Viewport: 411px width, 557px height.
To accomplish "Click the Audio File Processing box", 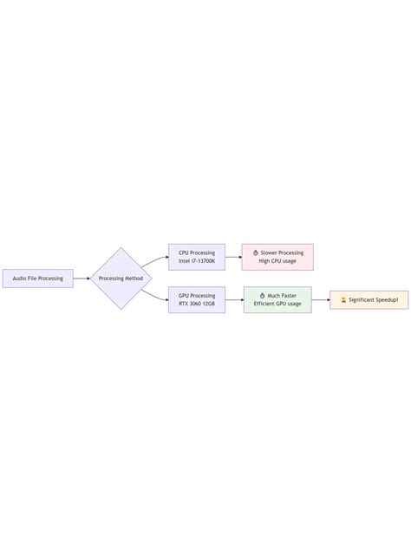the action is click(38, 278).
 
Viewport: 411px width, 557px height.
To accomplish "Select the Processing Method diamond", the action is click(121, 278).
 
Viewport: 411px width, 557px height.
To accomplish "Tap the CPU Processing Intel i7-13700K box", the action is click(197, 257).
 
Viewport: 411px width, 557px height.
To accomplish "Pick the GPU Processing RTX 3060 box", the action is click(197, 300).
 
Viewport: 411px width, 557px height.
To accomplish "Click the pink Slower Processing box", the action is click(277, 257).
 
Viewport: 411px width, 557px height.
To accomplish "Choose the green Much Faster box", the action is click(277, 300).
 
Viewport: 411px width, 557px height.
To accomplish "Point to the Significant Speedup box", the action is click(369, 300).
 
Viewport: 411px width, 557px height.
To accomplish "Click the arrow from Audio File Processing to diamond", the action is click(82, 278).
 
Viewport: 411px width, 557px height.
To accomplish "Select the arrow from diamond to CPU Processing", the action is click(154, 260).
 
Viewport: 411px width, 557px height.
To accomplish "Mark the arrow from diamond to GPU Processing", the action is click(154, 297).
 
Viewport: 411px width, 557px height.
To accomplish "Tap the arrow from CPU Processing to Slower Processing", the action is click(233, 257).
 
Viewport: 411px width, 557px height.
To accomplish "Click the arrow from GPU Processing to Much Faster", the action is click(235, 300).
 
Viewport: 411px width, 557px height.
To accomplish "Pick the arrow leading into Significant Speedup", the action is click(321, 300).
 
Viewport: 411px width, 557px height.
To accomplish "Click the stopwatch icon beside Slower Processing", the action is click(256, 252).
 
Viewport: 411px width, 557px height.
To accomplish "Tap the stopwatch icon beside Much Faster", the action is click(262, 296).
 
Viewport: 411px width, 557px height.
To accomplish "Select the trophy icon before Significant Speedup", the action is click(343, 300).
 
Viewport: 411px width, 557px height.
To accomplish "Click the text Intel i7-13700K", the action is click(197, 261).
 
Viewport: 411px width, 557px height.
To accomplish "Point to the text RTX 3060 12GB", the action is click(197, 304).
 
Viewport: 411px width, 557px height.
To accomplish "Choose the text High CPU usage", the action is click(277, 261).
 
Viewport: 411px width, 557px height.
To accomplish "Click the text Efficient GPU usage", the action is click(277, 304).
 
